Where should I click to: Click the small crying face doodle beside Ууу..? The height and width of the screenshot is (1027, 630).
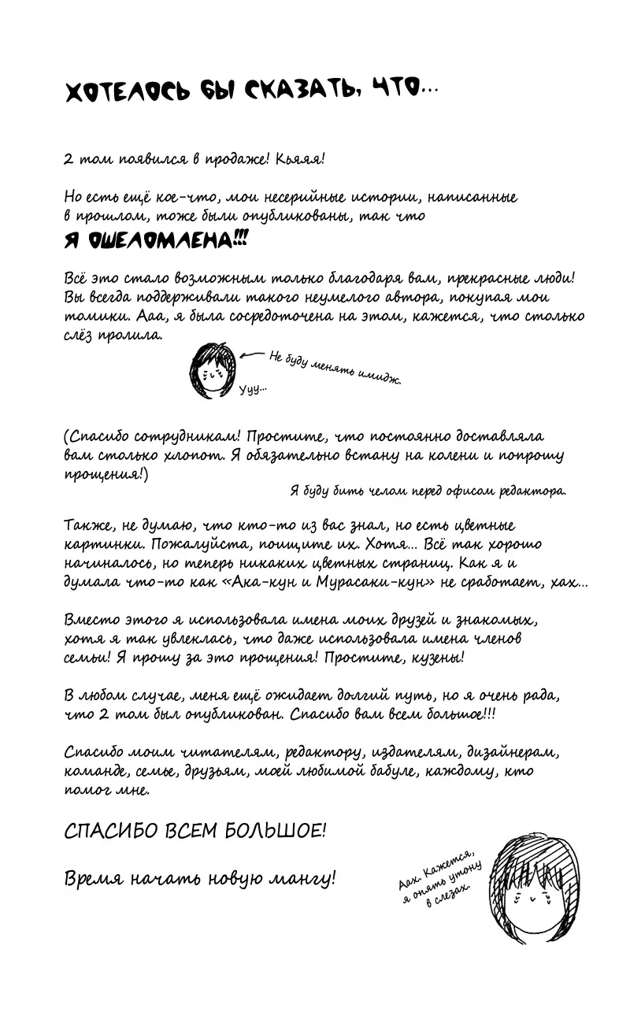211,369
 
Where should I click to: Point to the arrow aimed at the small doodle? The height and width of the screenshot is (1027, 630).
253,356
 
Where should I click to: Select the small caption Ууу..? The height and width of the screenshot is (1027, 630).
253,388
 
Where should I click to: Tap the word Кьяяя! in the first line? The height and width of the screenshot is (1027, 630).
300,158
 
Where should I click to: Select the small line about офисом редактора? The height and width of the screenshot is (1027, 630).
428,490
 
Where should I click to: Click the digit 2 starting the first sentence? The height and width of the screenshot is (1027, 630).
68,158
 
